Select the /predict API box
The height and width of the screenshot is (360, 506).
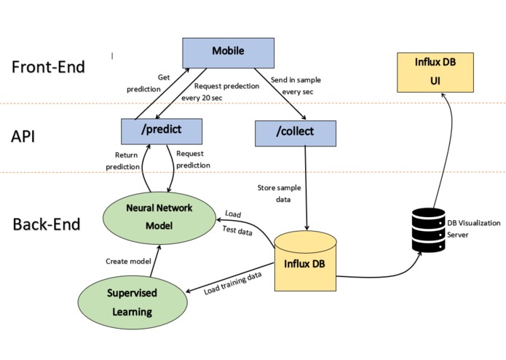click(161, 130)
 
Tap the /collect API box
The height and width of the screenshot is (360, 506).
click(296, 133)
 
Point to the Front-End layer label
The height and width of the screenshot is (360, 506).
click(49, 67)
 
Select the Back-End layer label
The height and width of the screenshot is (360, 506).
click(47, 224)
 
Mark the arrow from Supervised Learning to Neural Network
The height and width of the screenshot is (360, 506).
click(152, 259)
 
